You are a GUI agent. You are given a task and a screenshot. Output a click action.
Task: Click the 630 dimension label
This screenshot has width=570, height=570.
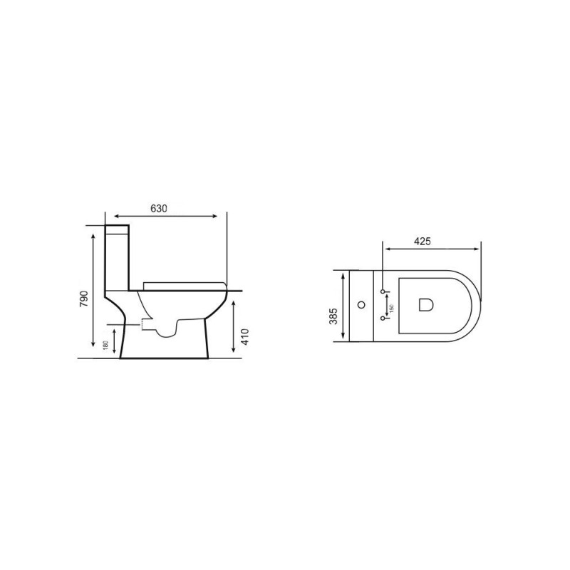[159, 209]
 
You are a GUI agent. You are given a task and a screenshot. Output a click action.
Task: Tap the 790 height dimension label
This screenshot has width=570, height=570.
[84, 299]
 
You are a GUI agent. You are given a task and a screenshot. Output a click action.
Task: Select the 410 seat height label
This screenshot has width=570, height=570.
[244, 336]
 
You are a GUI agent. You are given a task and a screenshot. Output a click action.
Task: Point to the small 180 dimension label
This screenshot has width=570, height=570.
[105, 345]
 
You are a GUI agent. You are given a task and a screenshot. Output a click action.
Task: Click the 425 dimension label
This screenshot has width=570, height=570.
[423, 242]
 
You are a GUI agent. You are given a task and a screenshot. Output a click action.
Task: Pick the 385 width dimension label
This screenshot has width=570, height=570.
[333, 316]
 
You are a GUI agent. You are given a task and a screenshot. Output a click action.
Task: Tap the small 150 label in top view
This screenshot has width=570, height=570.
[391, 308]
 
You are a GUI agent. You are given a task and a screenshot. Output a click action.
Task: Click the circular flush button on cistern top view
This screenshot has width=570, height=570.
[361, 305]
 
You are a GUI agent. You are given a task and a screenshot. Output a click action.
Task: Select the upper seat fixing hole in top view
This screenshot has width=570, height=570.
[383, 291]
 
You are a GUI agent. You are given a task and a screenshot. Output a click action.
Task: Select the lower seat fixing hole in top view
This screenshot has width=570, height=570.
[383, 318]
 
